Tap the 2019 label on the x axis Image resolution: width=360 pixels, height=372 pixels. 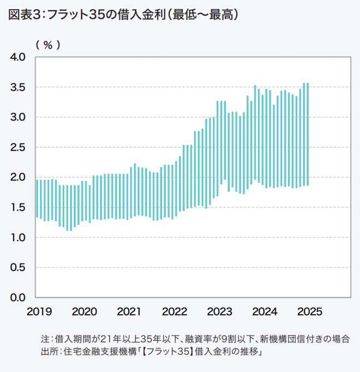coord(39,311)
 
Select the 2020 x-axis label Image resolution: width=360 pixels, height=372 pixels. coord(84,311)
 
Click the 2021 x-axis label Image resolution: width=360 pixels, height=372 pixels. coord(129,311)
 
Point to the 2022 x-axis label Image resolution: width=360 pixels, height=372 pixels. coord(175,311)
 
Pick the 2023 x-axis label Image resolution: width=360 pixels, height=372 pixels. coord(220,311)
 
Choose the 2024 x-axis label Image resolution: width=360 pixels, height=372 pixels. coord(265,311)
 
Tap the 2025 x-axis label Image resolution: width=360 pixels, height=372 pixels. coord(310,311)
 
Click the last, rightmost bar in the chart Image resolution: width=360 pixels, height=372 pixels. coord(308,134)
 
